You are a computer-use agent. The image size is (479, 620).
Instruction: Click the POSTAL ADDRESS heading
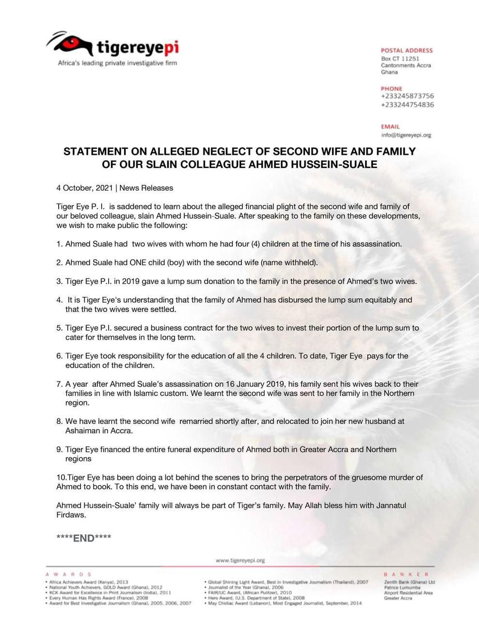coord(406,50)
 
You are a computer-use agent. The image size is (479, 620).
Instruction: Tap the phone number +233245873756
coord(407,96)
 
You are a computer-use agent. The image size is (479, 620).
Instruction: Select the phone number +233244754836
coord(407,105)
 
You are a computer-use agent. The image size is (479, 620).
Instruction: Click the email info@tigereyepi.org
coord(406,135)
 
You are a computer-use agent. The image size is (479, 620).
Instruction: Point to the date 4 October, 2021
coord(84,188)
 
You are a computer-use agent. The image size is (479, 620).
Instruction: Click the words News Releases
coord(146,188)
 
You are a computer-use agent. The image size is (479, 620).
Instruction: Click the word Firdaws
coord(71,515)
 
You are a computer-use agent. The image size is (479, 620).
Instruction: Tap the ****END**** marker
coord(84,538)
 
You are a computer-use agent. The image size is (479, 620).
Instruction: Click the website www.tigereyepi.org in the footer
coord(240,560)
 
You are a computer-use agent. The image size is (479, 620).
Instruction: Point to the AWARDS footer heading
coord(68,574)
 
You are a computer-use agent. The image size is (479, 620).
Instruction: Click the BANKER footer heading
coord(406,574)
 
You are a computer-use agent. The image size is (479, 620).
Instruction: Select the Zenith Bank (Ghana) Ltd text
coord(409,582)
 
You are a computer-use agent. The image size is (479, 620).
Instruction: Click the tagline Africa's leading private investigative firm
coord(117,63)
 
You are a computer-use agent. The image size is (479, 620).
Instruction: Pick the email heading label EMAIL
coord(390,127)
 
